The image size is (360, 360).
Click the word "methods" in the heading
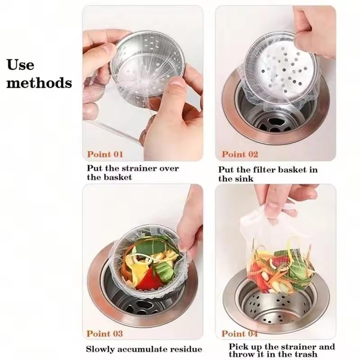[39, 83]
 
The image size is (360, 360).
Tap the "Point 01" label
[105, 154]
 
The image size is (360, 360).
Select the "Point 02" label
[240, 154]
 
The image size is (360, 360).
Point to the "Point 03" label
[105, 333]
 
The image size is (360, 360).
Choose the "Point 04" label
[240, 333]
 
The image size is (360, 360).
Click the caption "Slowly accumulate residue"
[144, 349]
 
